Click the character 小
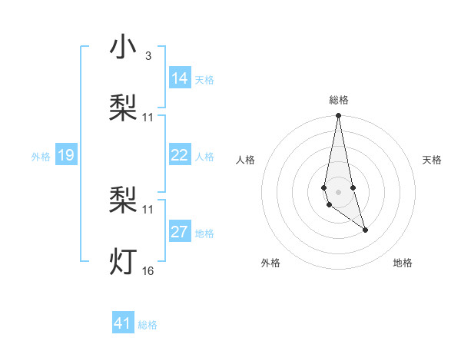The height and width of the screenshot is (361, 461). [124, 48]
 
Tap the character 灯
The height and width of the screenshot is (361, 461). [124, 262]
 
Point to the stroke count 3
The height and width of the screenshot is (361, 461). [148, 56]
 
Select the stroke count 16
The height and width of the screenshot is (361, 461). [148, 270]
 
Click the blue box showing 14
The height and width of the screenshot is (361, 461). [180, 78]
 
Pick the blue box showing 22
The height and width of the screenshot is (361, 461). [180, 156]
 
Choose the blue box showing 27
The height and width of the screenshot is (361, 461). [180, 233]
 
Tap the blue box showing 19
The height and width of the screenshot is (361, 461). [66, 156]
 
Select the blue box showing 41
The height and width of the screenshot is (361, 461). [123, 323]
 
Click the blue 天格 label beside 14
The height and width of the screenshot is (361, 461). [204, 79]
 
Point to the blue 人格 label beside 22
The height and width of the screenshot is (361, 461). [204, 157]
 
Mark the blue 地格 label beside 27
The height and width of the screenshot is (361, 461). [204, 233]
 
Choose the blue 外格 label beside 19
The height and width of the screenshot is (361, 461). [41, 157]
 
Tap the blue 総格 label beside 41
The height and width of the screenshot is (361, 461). [148, 325]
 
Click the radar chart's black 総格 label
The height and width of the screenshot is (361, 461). [339, 100]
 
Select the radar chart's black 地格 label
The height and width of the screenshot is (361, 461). [403, 263]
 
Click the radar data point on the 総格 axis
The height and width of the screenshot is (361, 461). [338, 116]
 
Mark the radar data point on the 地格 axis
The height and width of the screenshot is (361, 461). [365, 230]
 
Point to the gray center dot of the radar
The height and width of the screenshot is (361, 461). [338, 191]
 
